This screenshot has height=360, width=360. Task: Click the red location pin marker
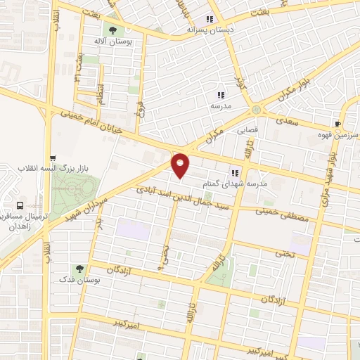point(181,165)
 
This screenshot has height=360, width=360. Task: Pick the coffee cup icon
point(338,123)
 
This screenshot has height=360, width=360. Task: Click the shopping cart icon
point(53,158)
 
